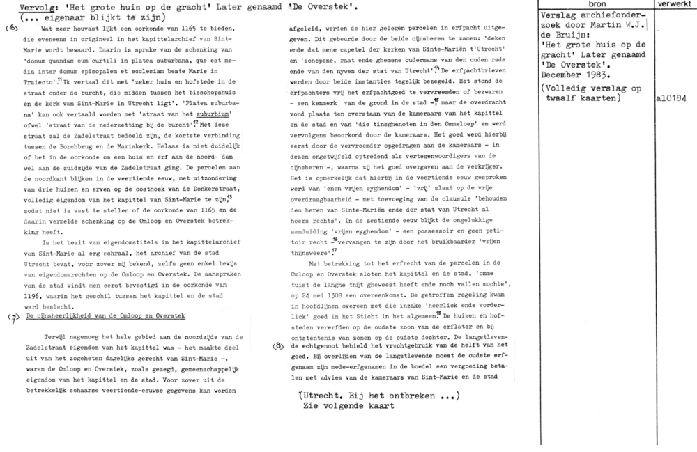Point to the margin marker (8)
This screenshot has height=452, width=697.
279,345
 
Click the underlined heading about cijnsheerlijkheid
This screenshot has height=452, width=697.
105,317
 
